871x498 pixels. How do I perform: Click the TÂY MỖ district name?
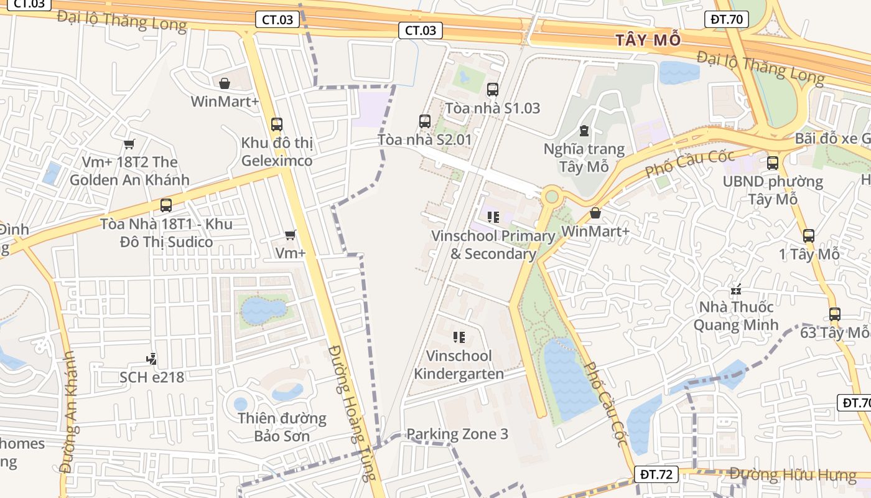(x=648, y=40)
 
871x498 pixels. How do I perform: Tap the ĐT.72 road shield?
(x=656, y=474)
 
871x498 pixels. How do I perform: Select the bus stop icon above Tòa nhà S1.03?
(x=493, y=90)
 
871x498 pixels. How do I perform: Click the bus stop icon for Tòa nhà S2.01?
(x=425, y=121)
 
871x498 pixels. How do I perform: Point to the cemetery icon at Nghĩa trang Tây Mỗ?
(x=584, y=131)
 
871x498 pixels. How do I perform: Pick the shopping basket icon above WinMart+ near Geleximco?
(x=225, y=83)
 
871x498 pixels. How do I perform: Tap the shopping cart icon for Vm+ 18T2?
(x=129, y=144)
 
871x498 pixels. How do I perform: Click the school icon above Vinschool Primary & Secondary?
(x=493, y=217)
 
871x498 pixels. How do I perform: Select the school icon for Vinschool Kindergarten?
(x=459, y=337)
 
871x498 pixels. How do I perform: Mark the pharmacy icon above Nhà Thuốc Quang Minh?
(x=736, y=289)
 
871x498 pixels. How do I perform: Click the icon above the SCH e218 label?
(x=151, y=359)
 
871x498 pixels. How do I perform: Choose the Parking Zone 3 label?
(x=457, y=434)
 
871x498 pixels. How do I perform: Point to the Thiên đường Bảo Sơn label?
(x=282, y=426)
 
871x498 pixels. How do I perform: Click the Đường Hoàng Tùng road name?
(x=352, y=411)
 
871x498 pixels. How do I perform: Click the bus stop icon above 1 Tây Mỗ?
(x=808, y=236)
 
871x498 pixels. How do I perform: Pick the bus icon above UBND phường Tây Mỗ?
(x=773, y=163)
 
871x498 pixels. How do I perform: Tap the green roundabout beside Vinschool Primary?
(x=551, y=197)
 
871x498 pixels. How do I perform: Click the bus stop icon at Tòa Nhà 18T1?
(x=166, y=205)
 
